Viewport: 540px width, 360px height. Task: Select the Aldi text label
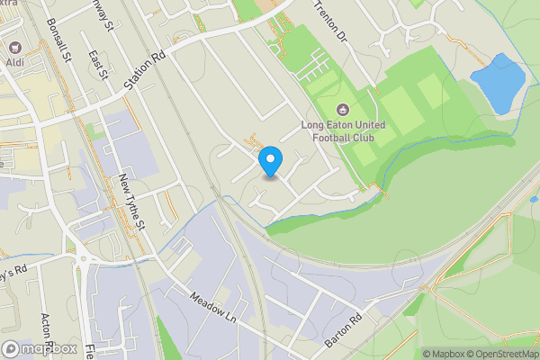(x=14, y=62)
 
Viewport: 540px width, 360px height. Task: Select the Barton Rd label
(x=343, y=331)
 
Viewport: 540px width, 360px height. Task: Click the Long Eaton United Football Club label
(x=345, y=131)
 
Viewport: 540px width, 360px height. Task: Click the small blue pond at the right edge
(x=535, y=199)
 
